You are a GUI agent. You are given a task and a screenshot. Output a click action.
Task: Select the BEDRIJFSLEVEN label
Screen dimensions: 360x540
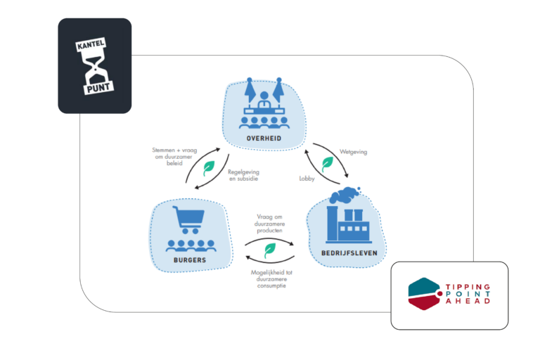345,252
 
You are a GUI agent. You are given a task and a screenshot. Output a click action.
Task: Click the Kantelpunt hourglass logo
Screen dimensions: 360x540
95,65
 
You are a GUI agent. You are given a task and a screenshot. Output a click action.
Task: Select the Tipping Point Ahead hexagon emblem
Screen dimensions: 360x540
425,292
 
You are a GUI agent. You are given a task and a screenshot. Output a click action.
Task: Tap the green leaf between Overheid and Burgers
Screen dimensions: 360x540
209,168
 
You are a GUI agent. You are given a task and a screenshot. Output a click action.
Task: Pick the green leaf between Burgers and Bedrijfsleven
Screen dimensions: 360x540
269,249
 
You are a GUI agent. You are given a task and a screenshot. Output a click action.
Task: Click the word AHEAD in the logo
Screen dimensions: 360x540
468,301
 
